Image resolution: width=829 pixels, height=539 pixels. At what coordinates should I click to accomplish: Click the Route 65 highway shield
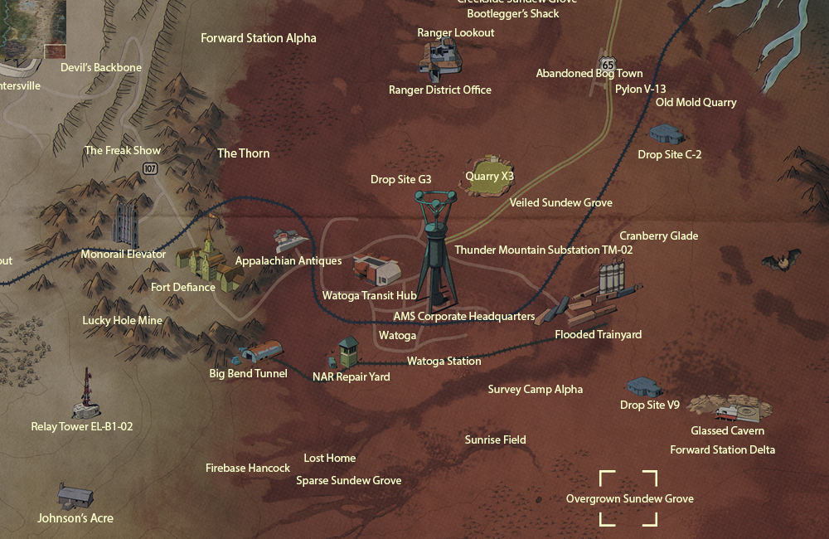608,63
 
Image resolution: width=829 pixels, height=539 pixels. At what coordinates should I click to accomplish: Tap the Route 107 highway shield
150,168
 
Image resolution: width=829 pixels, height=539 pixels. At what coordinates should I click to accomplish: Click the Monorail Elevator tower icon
126,221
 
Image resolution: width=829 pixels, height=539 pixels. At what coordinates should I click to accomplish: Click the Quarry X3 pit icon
489,175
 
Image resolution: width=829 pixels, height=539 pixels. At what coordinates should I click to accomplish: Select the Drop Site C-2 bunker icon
667,134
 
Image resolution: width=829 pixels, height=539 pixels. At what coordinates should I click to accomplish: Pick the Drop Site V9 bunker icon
644,387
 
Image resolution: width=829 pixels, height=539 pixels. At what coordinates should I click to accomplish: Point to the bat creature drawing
781,261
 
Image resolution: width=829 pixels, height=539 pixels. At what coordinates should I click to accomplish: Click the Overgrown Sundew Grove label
629,498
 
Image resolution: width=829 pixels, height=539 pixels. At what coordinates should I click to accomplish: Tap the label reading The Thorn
243,153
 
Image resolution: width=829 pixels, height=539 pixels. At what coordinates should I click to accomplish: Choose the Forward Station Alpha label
259,38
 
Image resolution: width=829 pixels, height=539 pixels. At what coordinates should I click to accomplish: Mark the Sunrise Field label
495,439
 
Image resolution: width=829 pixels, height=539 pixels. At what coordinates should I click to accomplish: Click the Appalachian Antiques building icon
290,241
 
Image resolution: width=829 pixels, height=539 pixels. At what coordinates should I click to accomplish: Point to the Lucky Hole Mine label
123,320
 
